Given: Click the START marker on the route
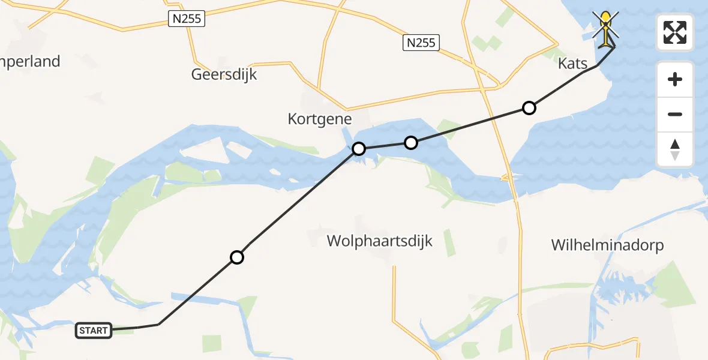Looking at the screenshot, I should (94, 331).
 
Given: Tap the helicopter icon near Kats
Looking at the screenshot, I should (607, 28).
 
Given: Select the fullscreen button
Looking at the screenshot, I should (675, 32).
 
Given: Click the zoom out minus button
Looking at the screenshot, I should (675, 114).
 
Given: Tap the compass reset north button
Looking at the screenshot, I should (675, 149).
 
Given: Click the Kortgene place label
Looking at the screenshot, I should (320, 119).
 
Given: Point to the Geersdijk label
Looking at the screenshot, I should (224, 75).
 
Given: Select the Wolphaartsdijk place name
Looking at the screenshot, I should (379, 241).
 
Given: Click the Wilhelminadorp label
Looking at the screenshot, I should (607, 245).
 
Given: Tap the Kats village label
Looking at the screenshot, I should (572, 63).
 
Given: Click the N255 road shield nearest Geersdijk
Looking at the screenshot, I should (186, 20).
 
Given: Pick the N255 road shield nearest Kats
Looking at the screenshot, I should (421, 43).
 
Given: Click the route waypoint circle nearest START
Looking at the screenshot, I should (237, 257).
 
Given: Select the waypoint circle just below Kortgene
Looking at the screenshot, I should (358, 148).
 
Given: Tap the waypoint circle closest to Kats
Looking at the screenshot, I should (529, 108).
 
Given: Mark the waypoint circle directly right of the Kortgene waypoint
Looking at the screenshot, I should (410, 142).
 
